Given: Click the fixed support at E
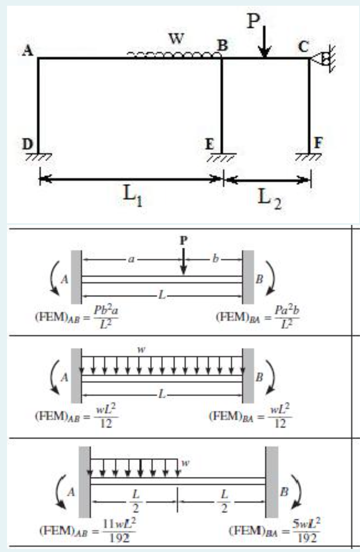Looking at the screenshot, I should tap(222, 157).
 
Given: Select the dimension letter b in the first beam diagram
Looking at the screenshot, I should tap(214, 259).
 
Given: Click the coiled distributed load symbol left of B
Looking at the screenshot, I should tap(173, 55).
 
